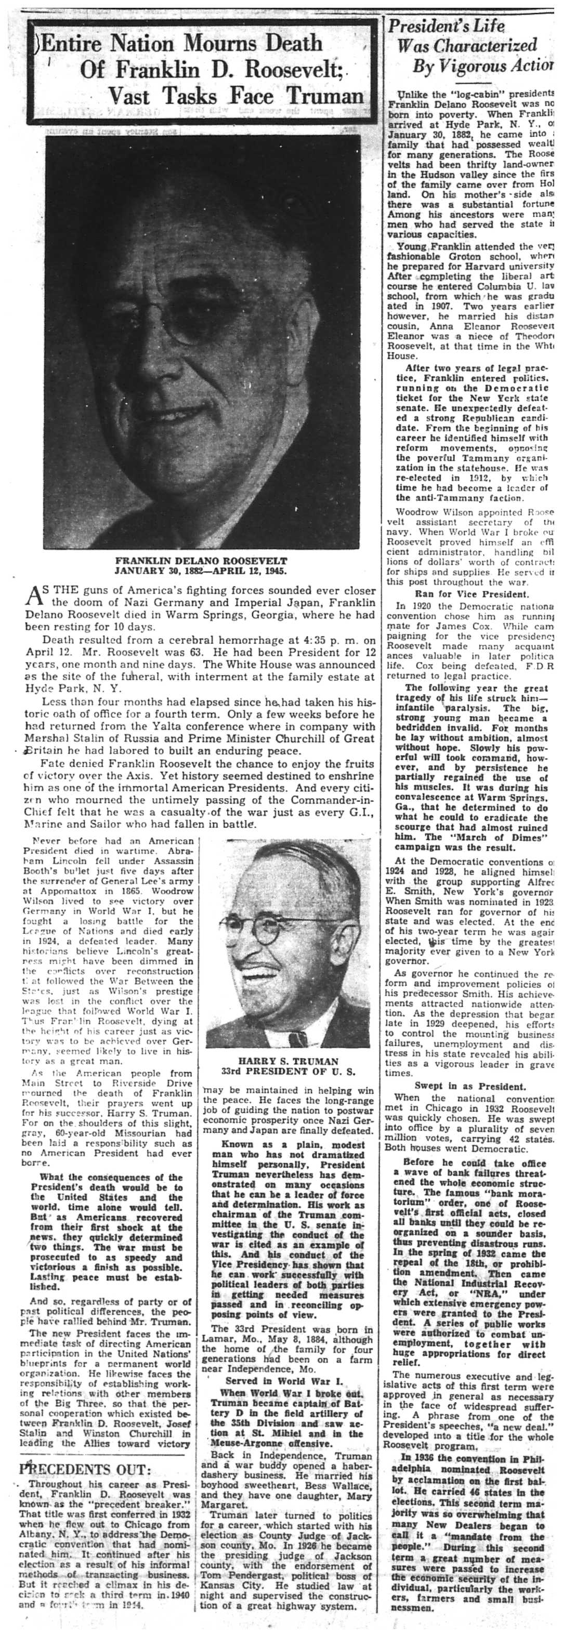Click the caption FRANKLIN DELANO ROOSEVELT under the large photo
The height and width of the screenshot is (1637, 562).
pyautogui.click(x=201, y=561)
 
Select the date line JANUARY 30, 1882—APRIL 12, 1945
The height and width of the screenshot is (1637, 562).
pyautogui.click(x=201, y=571)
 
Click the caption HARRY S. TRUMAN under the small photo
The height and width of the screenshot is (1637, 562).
pyautogui.click(x=288, y=1061)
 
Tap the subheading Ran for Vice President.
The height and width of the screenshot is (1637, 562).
pyautogui.click(x=470, y=594)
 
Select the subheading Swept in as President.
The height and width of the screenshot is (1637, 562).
pyautogui.click(x=470, y=1086)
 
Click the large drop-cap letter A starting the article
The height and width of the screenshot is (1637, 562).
pyautogui.click(x=33, y=598)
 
